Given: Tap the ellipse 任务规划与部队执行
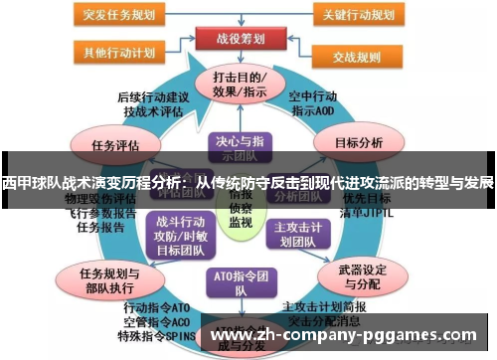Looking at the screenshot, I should click(x=108, y=278).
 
